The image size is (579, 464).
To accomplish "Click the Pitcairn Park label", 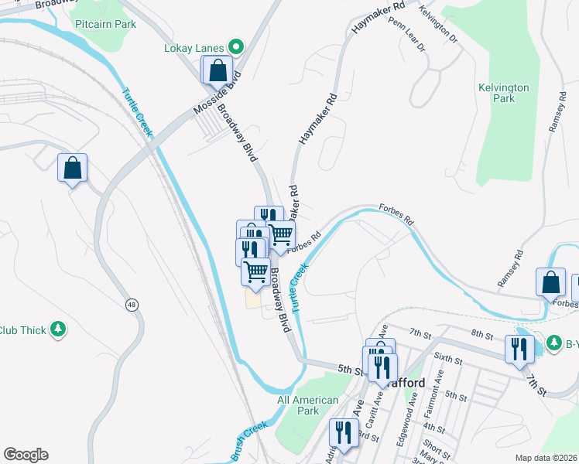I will tap(105, 24).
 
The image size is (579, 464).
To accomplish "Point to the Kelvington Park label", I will tap(503, 93).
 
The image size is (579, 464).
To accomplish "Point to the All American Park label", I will tap(308, 405).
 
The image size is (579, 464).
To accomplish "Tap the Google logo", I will tap(26, 454).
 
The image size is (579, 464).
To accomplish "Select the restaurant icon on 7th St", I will tap(519, 349).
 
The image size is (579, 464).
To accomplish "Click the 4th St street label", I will tap(435, 428).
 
